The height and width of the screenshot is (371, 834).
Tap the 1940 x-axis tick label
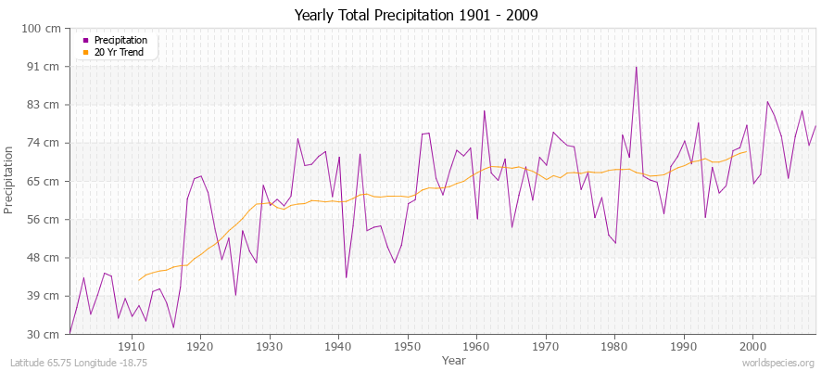[338, 346]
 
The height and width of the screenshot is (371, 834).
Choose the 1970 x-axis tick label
[546, 346]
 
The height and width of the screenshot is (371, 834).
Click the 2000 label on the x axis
[752, 346]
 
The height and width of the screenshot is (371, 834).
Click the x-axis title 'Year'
[454, 360]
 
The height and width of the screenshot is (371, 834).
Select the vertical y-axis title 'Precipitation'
[10, 181]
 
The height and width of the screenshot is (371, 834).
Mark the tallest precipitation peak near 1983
[636, 67]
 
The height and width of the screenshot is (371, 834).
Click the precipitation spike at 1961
[484, 111]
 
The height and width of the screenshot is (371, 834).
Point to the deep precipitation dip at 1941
[346, 277]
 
